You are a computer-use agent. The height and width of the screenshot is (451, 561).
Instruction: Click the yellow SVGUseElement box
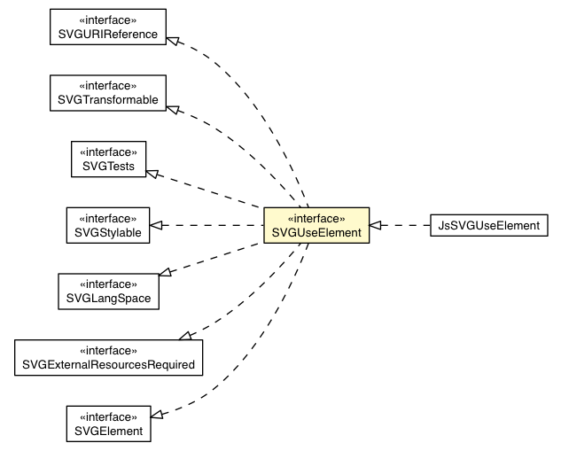click(x=316, y=225)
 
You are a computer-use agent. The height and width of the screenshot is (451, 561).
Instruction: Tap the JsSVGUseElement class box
click(x=488, y=225)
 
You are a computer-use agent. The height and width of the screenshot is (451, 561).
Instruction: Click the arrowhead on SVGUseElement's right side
click(x=376, y=225)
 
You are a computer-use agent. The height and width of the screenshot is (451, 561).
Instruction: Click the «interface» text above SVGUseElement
click(x=316, y=217)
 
